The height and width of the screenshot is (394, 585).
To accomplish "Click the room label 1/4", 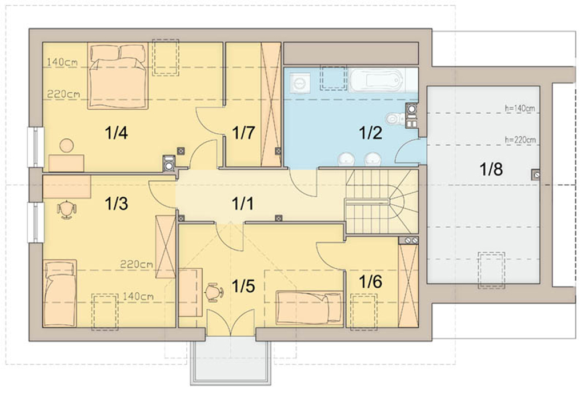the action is tap(117, 133).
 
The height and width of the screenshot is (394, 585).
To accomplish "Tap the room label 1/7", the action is tap(243, 133).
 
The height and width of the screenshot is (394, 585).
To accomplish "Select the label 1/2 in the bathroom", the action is tap(370, 133).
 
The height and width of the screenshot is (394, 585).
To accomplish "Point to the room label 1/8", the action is tap(491, 169).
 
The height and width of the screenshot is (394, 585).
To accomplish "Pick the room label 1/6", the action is tap(370, 281).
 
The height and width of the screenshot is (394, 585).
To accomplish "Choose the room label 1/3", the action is tap(117, 204).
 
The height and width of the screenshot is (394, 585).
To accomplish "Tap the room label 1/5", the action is tap(243, 286).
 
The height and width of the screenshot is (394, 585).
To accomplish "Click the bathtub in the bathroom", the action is tap(377, 80).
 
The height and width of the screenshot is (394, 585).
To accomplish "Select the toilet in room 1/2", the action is tap(393, 119).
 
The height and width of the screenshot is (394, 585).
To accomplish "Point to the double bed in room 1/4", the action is tap(118, 76).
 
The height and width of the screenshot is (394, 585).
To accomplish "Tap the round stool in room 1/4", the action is tap(67, 145).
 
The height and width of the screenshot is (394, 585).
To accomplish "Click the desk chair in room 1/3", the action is tap(66, 210).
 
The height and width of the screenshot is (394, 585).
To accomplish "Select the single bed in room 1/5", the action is tap(309, 307).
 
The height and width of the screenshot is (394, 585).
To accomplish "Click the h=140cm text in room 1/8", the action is tap(520, 108).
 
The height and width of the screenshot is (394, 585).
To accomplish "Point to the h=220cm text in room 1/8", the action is tap(520, 140).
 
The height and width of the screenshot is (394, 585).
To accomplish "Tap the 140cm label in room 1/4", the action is tap(63, 62).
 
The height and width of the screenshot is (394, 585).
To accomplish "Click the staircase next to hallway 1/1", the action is tap(381, 202).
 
